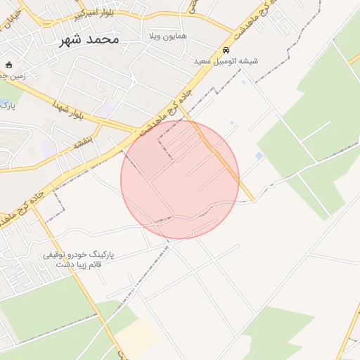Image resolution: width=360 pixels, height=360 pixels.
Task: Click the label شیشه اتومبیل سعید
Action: (x=226, y=61)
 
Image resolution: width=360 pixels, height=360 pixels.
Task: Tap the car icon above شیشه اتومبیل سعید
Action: (x=226, y=51)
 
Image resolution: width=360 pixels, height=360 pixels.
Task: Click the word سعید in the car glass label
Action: (x=204, y=61)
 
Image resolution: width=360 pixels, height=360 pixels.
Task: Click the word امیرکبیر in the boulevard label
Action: (x=86, y=14)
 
